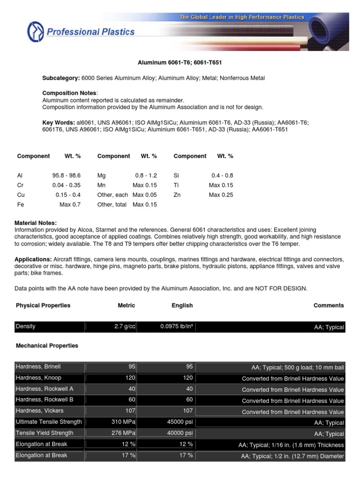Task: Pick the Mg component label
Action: click(102, 175)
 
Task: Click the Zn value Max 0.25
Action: click(221, 195)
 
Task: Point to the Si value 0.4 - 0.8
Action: click(222, 175)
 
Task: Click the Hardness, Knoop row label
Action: click(38, 378)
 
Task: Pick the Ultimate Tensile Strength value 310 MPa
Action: click(124, 422)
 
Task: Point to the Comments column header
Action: click(329, 305)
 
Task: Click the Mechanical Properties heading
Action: click(47, 345)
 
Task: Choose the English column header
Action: click(182, 305)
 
